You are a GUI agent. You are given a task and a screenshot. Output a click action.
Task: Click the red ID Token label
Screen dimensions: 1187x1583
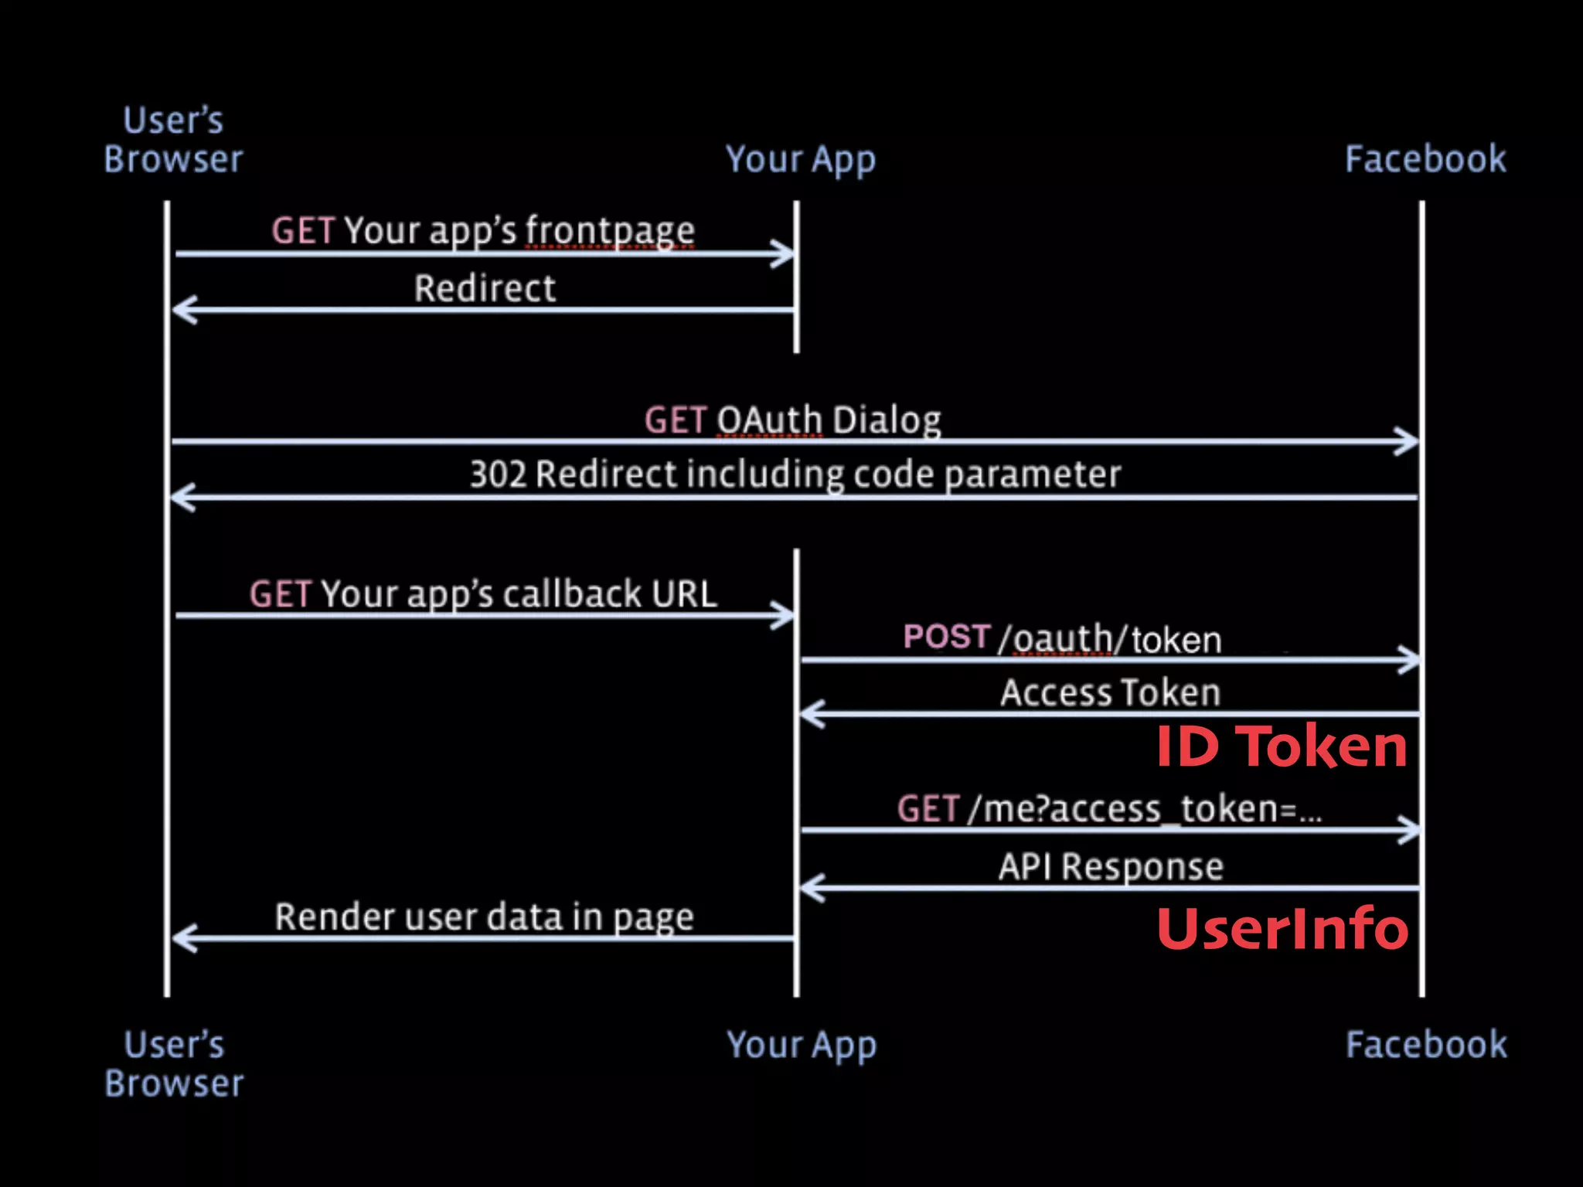(1281, 747)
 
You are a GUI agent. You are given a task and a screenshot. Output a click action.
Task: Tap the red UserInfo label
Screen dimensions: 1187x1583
(1282, 928)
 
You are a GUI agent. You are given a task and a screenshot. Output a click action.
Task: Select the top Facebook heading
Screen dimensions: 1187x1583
(1425, 159)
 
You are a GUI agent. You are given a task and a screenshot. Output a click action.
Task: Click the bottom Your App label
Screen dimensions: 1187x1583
(802, 1046)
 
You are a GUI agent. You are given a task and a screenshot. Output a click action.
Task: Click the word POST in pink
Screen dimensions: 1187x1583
(946, 638)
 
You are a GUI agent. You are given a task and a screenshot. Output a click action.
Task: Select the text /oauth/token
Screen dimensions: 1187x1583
(1110, 640)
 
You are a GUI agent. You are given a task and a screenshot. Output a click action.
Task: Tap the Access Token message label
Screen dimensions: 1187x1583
(1110, 692)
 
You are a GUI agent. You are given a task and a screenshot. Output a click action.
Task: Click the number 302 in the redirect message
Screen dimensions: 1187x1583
(498, 474)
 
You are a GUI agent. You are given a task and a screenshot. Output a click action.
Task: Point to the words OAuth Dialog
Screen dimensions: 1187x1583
(829, 421)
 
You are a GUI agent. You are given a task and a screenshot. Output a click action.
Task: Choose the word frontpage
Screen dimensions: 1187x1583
(610, 231)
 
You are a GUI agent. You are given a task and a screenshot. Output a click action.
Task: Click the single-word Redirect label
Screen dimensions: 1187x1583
(485, 289)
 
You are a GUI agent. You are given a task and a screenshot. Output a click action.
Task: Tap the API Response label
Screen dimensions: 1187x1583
(1111, 866)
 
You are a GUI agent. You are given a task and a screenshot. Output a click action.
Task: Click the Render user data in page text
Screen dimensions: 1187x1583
(484, 917)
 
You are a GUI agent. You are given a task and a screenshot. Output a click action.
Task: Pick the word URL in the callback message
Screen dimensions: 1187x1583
(684, 594)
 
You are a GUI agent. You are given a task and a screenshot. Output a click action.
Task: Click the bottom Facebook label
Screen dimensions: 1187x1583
(1426, 1045)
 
